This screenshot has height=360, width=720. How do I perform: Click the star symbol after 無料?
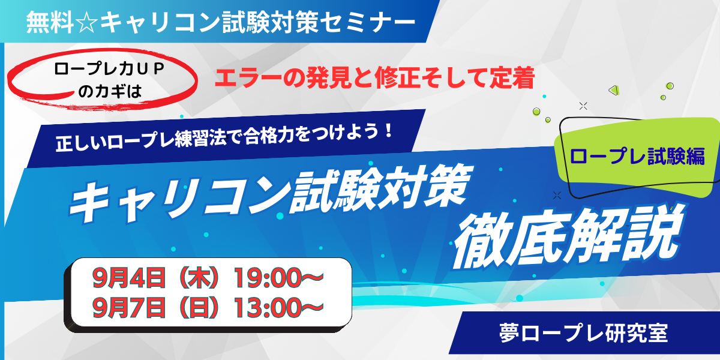(x=86, y=23)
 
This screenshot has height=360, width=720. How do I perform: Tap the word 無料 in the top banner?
(x=50, y=23)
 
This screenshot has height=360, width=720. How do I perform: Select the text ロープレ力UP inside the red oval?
(x=110, y=70)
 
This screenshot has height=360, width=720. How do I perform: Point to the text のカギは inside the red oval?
(x=110, y=92)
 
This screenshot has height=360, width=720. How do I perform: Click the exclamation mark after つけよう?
(x=389, y=131)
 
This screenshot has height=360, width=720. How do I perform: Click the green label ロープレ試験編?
(x=637, y=156)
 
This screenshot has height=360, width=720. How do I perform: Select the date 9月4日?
(x=129, y=278)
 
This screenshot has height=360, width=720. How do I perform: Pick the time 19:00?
(x=268, y=278)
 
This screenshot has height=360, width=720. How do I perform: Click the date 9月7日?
(x=129, y=308)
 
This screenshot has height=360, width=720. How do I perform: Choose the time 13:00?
(x=268, y=308)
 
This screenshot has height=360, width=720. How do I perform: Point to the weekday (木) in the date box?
(x=199, y=278)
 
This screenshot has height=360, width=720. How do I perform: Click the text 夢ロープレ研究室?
(x=584, y=333)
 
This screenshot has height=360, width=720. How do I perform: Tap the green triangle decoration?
(x=614, y=90)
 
